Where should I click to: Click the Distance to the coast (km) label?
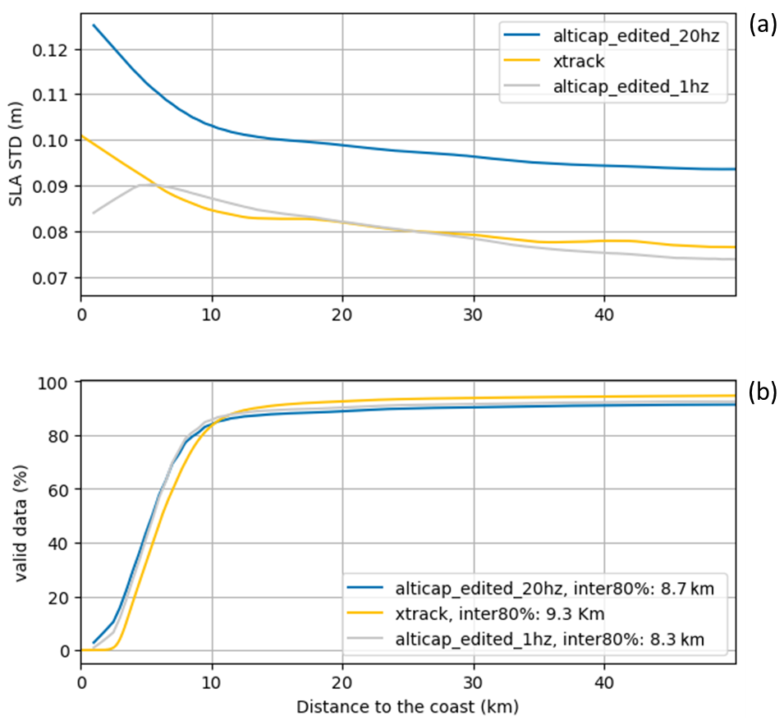point(408,706)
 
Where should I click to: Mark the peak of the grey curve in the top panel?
point(144,185)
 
